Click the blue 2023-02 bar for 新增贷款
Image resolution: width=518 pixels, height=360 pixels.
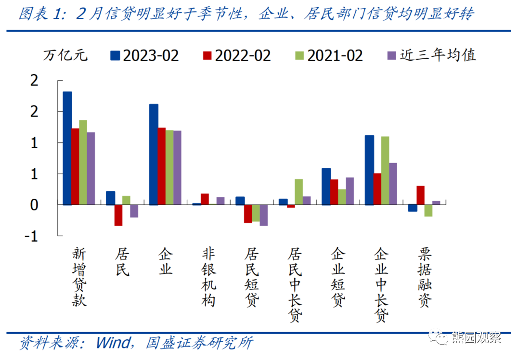point(67,148)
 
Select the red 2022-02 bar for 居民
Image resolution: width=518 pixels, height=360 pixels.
point(118,215)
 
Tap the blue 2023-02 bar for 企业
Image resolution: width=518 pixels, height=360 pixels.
point(154,154)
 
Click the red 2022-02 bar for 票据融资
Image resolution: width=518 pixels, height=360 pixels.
point(420,195)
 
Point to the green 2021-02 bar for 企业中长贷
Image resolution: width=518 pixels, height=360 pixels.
point(385,171)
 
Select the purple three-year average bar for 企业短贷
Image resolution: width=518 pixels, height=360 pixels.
point(350,191)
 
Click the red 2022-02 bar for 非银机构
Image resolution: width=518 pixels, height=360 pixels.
point(205,199)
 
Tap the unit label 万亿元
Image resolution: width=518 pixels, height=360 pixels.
point(65,55)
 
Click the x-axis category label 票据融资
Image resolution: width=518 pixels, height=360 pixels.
point(425,278)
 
